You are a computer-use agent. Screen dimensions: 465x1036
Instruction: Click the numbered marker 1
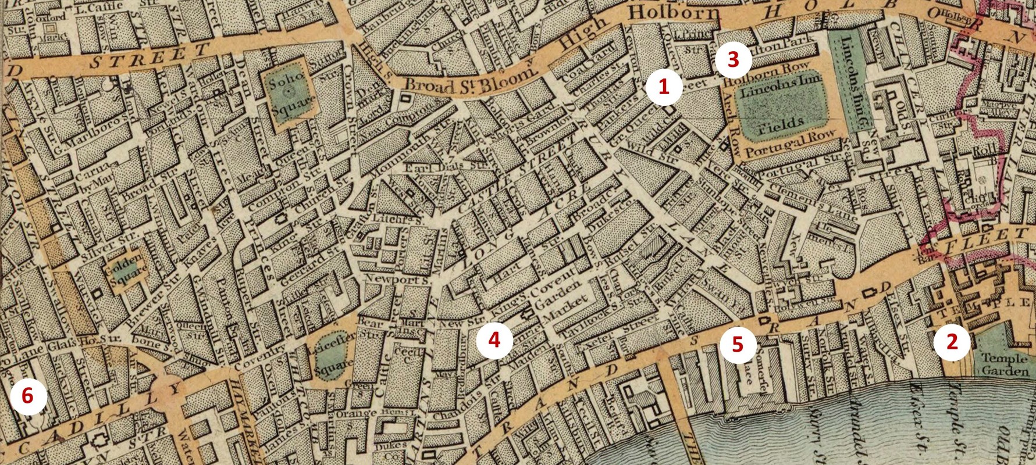point(663,87)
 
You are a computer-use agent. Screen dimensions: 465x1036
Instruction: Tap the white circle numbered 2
point(952,342)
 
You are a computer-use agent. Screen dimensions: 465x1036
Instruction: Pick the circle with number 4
point(494,341)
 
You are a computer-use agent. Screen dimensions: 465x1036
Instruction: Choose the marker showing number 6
point(27,398)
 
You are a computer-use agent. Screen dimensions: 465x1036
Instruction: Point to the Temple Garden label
point(1004,364)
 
